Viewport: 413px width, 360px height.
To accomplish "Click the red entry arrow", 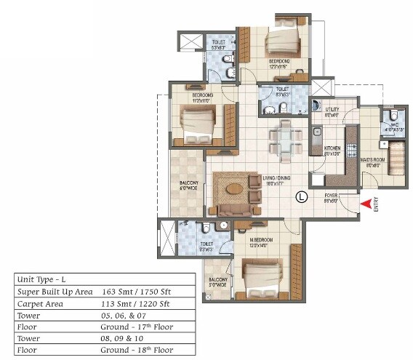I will pyautogui.click(x=365, y=204).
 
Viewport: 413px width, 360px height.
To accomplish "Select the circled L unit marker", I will pyautogui.click(x=302, y=196).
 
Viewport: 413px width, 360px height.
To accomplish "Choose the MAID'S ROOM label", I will pyautogui.click(x=373, y=162).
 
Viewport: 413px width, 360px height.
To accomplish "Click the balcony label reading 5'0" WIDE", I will pyautogui.click(x=218, y=283).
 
